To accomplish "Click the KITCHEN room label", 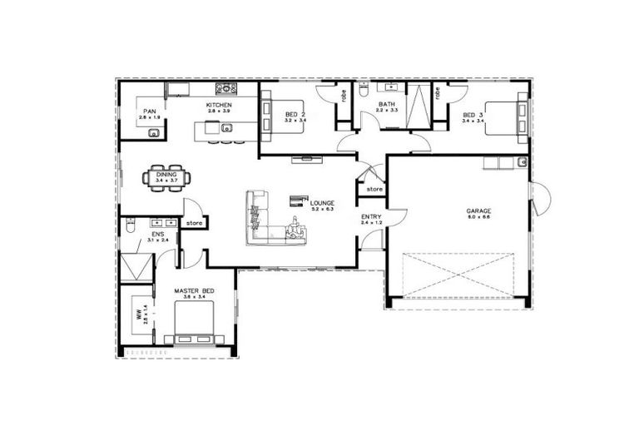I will click(x=218, y=105).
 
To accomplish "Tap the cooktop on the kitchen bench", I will click(x=225, y=87).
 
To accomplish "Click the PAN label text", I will click(x=150, y=111).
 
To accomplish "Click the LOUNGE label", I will click(x=321, y=202).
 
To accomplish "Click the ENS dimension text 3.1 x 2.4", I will click(x=158, y=240).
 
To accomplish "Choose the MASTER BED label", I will click(x=194, y=290).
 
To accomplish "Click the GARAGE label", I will click(x=478, y=211).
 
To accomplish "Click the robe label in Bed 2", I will click(x=342, y=95).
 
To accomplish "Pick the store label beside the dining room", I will click(x=193, y=223).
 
